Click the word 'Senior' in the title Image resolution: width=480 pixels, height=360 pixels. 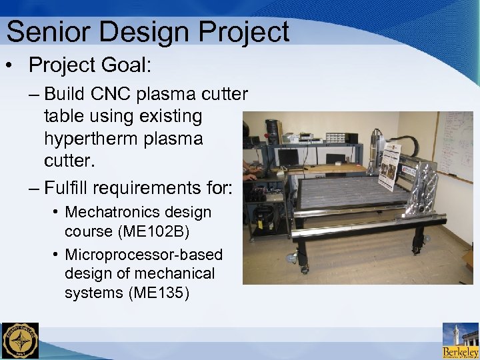(x=45, y=31)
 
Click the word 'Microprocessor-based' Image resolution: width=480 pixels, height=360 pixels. (x=143, y=255)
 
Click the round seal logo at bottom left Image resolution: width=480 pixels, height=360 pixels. (x=20, y=341)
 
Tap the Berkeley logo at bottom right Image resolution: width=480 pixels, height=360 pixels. (x=460, y=341)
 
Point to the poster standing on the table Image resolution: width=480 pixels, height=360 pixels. (x=389, y=167)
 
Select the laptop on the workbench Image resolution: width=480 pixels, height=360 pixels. (x=287, y=158)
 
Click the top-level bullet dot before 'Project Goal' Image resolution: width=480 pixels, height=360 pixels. (x=11, y=66)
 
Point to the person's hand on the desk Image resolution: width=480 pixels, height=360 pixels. (x=249, y=177)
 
